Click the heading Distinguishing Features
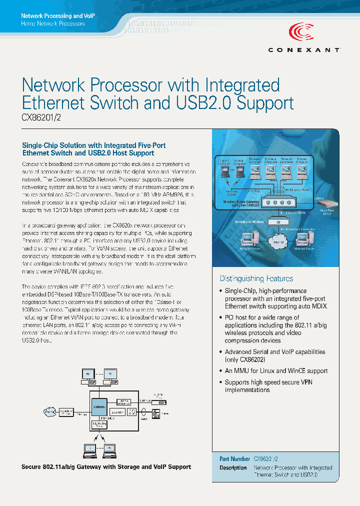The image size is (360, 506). click(256, 278)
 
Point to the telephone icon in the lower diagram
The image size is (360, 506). click(156, 413)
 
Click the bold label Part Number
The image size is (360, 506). click(234, 458)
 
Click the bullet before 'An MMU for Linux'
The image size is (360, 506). click(221, 371)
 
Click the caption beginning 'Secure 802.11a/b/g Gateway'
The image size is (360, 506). click(106, 466)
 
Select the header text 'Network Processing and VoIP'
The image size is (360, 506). click(58, 16)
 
